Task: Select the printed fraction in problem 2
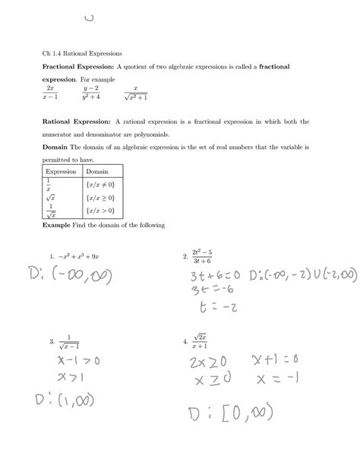[x=201, y=256]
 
